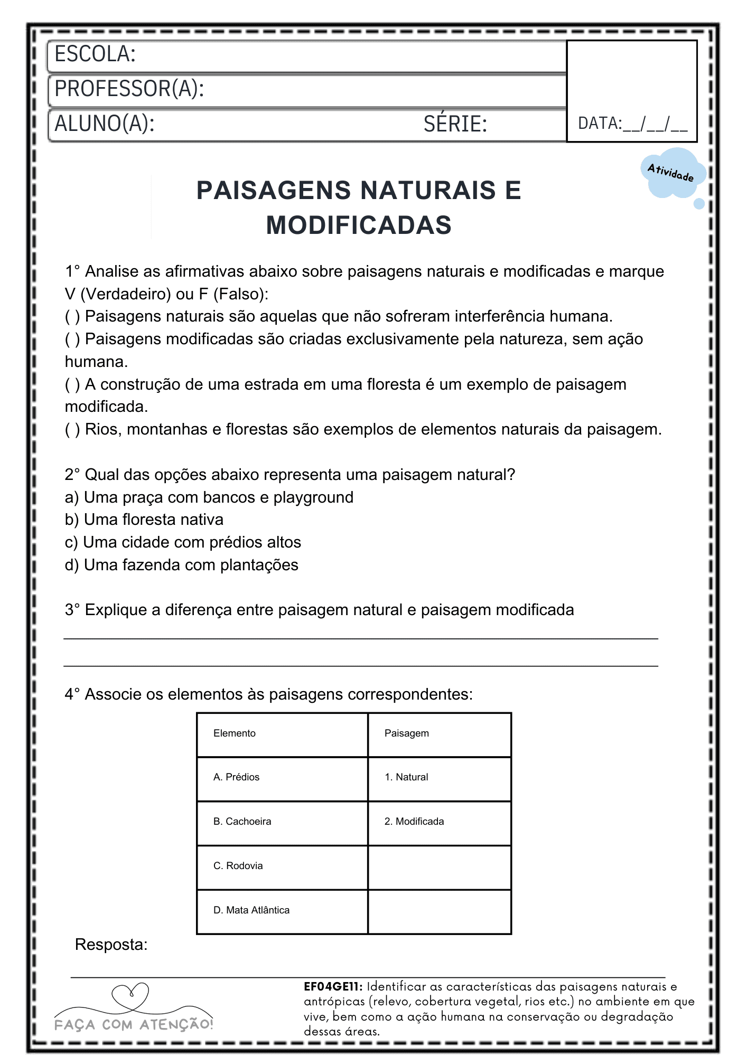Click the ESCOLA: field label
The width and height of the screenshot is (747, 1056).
click(x=95, y=54)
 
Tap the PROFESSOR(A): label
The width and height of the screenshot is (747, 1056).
click(x=129, y=89)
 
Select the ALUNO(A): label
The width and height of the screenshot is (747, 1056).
click(x=104, y=124)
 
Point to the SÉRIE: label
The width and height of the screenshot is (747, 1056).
click(x=455, y=124)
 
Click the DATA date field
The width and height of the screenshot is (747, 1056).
click(x=632, y=124)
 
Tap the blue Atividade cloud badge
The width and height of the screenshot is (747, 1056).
click(x=672, y=173)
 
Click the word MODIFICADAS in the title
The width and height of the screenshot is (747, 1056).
click(x=359, y=225)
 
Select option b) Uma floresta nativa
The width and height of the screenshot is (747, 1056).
click(x=144, y=520)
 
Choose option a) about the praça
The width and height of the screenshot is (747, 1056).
click(x=209, y=497)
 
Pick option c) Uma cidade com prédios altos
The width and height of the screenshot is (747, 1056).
click(x=183, y=542)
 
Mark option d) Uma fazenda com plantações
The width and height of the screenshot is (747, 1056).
click(x=181, y=565)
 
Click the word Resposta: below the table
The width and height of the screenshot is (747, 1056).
click(x=111, y=945)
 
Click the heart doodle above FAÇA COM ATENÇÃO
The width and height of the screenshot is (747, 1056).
click(x=130, y=996)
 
